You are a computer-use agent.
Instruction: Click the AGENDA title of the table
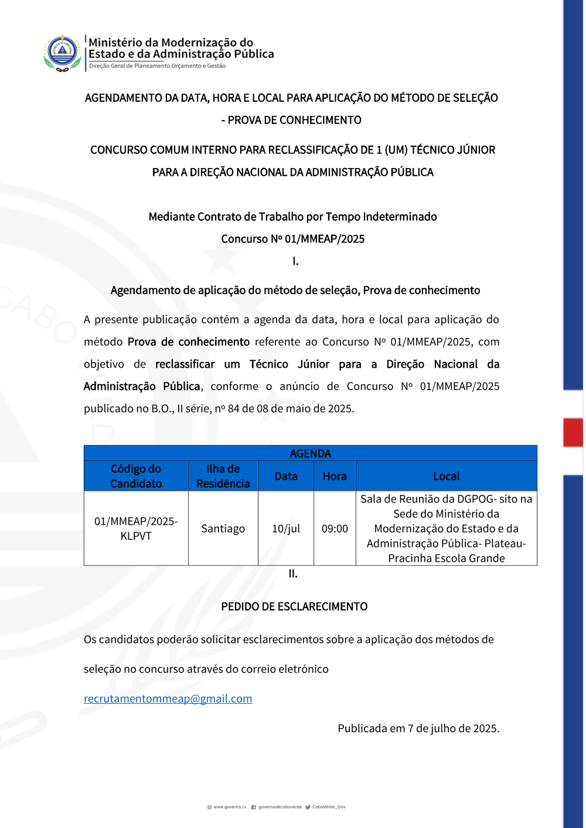click(310, 453)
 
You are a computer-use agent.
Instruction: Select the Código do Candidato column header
click(136, 476)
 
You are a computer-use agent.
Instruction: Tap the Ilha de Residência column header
click(223, 476)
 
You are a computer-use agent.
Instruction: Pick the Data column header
click(286, 476)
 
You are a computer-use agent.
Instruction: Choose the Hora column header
click(335, 476)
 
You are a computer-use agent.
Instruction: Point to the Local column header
click(446, 476)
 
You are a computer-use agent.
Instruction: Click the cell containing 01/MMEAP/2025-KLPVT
click(136, 528)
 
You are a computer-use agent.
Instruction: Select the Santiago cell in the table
click(223, 528)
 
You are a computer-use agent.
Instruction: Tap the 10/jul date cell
click(286, 528)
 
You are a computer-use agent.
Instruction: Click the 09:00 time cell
click(335, 528)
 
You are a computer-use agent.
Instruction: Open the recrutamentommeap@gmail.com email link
click(168, 699)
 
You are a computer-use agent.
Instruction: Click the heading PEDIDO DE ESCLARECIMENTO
click(294, 607)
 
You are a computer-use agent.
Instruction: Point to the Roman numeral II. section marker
click(293, 574)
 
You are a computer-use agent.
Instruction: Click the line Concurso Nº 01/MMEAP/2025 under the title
click(293, 239)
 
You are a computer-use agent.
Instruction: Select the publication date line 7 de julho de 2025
click(418, 728)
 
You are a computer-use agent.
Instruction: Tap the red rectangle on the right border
click(573, 432)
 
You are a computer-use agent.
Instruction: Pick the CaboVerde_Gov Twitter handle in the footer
click(329, 807)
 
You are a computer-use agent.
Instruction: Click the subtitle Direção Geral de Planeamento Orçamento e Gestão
click(157, 66)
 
